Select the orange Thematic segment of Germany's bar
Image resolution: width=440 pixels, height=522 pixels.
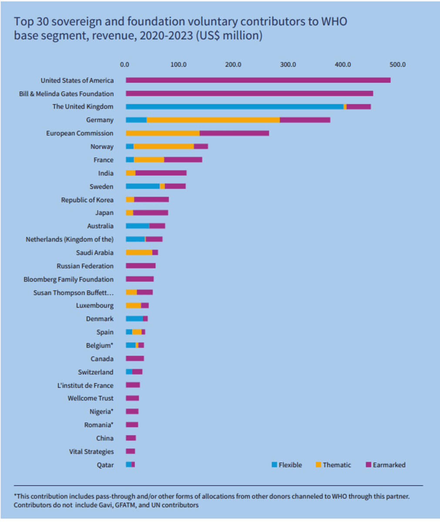(x=213, y=120)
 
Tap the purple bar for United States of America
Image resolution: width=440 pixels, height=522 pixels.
(x=258, y=80)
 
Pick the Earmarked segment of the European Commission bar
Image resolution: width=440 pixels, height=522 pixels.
(x=234, y=133)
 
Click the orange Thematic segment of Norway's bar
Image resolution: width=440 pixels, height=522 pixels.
(x=163, y=147)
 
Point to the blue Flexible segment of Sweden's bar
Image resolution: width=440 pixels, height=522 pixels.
(x=142, y=186)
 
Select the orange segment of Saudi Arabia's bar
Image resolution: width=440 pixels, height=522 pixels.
(x=139, y=252)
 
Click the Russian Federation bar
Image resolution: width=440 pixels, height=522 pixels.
(x=140, y=266)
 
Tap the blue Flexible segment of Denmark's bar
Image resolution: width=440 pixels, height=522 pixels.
(x=134, y=319)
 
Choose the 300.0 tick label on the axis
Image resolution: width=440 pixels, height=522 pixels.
(x=288, y=65)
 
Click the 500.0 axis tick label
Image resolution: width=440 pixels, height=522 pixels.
(x=397, y=65)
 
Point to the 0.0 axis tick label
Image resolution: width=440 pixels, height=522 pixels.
(x=124, y=65)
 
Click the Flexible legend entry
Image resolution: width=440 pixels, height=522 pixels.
(x=290, y=465)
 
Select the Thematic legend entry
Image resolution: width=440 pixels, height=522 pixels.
(x=336, y=465)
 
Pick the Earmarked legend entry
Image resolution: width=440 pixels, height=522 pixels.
(x=389, y=465)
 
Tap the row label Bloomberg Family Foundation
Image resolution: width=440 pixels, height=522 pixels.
(x=68, y=279)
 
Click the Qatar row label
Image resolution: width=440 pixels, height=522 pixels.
(x=105, y=465)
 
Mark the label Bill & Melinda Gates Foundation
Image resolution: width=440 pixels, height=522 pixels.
(x=67, y=94)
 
